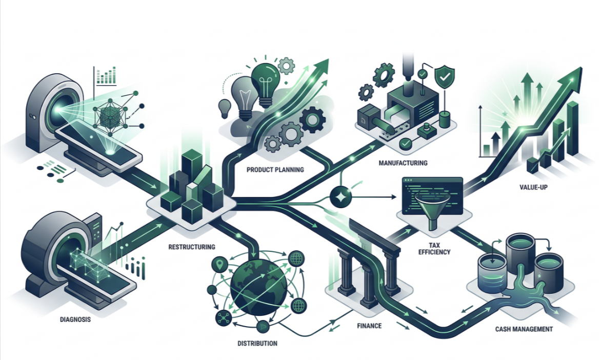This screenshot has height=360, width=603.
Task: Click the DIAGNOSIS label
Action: [x=75, y=319]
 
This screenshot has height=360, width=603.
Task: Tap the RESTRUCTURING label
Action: [x=192, y=247]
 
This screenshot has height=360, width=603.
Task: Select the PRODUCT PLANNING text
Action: [x=275, y=170]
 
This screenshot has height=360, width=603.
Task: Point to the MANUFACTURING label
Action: [x=403, y=163]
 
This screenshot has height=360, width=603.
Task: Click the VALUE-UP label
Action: [x=533, y=187]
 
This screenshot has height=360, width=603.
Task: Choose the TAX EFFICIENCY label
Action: [x=434, y=248]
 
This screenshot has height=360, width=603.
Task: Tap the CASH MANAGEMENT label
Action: [x=524, y=329]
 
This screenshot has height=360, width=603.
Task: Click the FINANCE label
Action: [x=369, y=326]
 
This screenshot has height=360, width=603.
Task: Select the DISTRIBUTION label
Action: [x=257, y=343]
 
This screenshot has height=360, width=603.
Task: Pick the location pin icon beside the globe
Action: [x=219, y=265]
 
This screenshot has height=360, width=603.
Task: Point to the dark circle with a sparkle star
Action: [x=340, y=197]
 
